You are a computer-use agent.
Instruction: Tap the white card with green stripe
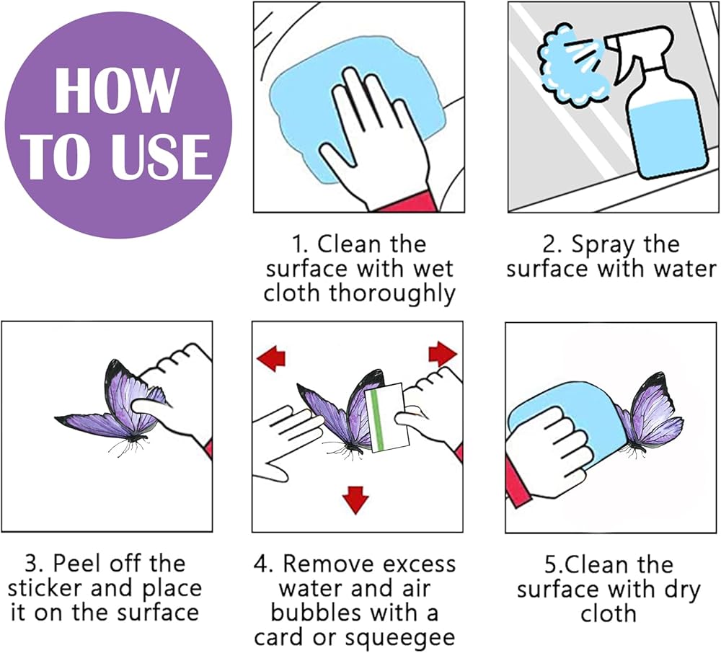tap(387, 418)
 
